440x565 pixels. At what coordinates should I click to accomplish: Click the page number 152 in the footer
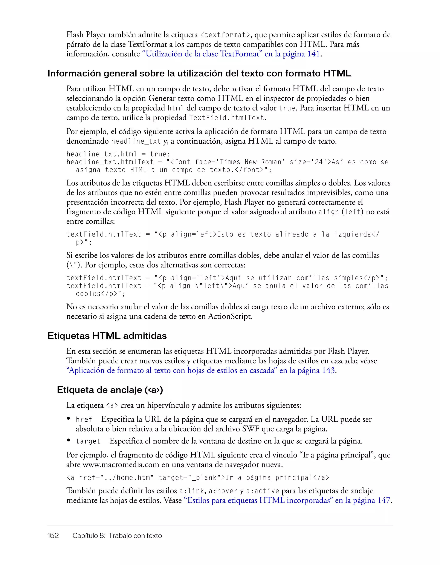(53, 536)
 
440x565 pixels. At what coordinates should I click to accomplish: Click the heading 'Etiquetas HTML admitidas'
(107, 336)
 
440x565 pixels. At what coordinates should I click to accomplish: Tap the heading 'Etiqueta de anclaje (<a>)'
(110, 390)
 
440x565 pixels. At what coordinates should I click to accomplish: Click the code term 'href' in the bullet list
(84, 419)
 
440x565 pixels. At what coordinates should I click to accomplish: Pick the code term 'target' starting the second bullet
(88, 441)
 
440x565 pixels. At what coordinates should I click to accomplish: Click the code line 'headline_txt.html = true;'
(118, 154)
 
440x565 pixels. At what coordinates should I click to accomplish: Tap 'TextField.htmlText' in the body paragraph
(227, 118)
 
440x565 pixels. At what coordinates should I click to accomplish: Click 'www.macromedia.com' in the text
(121, 465)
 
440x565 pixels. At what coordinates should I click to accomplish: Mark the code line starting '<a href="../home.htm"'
(198, 477)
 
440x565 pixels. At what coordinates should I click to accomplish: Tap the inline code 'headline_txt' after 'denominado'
(136, 141)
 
